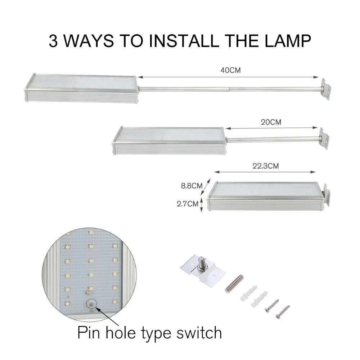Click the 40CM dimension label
pos(230,70)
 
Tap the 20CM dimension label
pos(271,122)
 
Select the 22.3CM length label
pos(266,166)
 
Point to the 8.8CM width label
pos(192,186)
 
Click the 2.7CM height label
pos(187,204)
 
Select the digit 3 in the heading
pos(53,41)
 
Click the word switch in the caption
pos(199,333)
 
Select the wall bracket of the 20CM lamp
pos(324,139)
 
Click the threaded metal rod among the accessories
pos(234,284)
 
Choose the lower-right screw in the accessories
pos(283,312)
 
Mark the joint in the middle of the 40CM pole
pos(229,89)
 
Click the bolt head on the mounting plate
pos(201,262)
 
